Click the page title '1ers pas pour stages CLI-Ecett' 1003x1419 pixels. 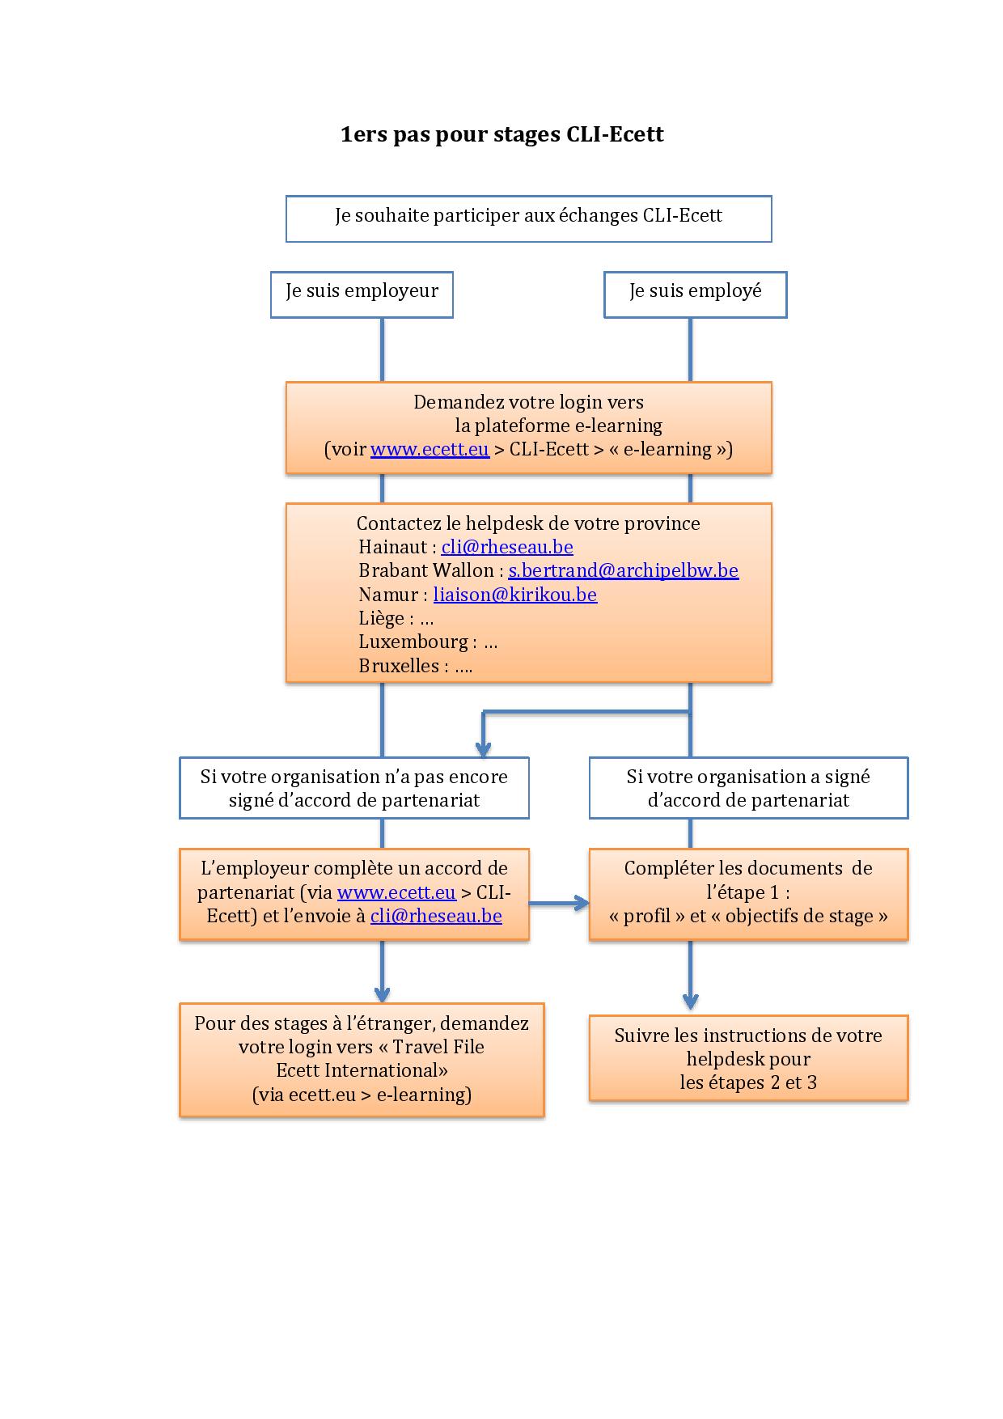501,134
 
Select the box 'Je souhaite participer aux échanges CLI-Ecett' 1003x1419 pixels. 528,218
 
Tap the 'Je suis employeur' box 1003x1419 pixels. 362,294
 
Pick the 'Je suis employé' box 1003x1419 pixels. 696,294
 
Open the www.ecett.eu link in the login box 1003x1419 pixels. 430,449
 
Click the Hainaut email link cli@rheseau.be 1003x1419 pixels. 507,547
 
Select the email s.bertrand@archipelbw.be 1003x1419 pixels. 623,570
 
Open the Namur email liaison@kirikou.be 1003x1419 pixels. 515,595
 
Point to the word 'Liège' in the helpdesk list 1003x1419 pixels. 381,619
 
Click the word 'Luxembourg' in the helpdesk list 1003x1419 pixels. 413,642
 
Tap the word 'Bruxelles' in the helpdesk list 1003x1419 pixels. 399,666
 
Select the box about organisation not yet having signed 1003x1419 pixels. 354,788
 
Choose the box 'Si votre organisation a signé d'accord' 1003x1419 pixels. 748,788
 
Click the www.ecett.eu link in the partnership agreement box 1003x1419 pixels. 396,892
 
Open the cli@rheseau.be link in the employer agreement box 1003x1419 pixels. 436,916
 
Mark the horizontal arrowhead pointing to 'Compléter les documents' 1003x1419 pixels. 581,903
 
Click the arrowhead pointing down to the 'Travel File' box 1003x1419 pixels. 382,994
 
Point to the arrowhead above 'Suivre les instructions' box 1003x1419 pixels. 690,1002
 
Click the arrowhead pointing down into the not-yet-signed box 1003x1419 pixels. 483,748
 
